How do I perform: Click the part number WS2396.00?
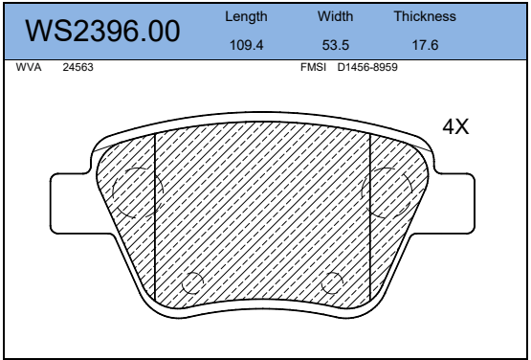click(x=102, y=31)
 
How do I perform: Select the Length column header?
click(x=246, y=16)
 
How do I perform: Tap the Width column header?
click(x=335, y=16)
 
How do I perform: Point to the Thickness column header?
click(x=425, y=16)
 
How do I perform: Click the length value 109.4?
click(x=246, y=45)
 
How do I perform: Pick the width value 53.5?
click(x=335, y=45)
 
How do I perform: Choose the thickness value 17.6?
click(x=425, y=45)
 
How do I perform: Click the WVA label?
click(x=29, y=67)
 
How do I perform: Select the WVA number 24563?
click(x=77, y=67)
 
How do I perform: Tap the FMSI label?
click(x=313, y=67)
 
